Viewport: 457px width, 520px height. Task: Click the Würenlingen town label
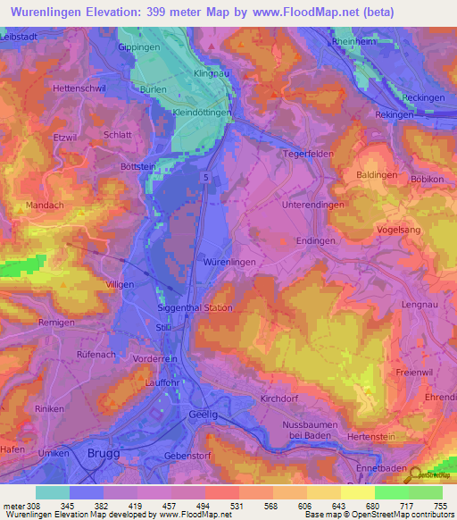tap(230, 262)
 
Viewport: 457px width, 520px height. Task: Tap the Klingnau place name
tap(208, 76)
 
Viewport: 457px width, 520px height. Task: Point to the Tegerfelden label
tap(308, 151)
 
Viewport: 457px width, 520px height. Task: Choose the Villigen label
tap(120, 284)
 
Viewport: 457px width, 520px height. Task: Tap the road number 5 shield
tap(206, 179)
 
